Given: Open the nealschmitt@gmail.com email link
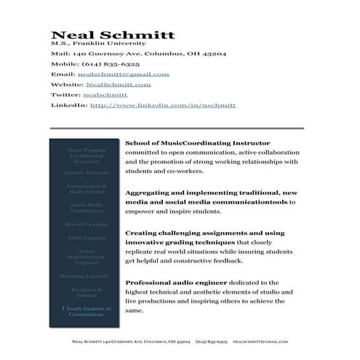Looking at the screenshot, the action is pos(123,74).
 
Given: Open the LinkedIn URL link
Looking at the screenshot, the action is pos(162,105).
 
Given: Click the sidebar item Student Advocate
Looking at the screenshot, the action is pos(87,173).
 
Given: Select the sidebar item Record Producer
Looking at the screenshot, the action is pos(87,225).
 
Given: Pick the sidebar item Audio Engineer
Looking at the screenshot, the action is pos(87,238).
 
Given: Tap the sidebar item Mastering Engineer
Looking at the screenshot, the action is pos(87,276).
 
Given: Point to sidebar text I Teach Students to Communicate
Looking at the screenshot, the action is pos(87,312).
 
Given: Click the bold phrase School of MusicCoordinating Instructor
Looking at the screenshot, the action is pos(197,143).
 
